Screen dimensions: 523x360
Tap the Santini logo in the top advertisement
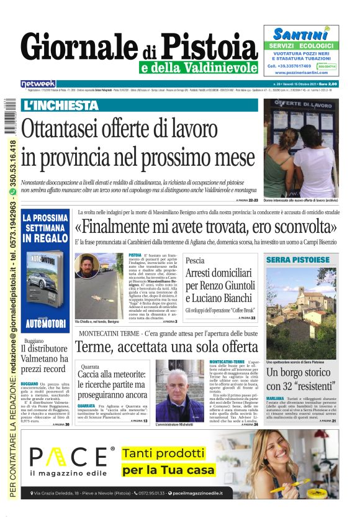click(x=300, y=35)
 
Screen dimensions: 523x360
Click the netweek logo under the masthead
click(x=38, y=84)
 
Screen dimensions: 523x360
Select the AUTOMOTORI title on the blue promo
click(x=45, y=324)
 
